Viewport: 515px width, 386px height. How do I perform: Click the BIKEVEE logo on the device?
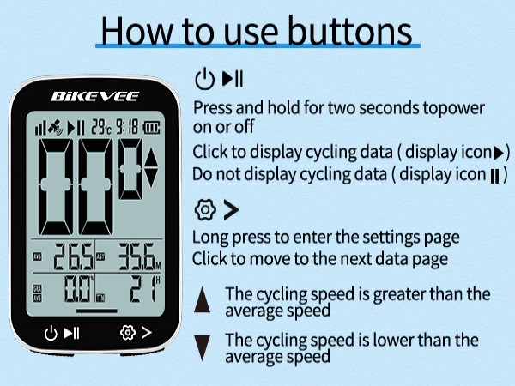94,97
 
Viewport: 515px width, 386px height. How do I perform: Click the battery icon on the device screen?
152,129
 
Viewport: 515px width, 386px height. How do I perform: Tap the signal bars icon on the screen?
39,129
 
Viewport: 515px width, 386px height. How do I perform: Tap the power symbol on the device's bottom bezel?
51,332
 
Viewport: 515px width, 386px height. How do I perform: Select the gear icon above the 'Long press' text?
203,210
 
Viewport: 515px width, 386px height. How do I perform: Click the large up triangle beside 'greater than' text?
203,299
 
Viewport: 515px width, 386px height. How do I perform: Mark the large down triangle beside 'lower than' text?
203,347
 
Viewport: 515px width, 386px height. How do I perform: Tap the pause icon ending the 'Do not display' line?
495,174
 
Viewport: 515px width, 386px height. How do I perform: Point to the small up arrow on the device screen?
151,157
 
